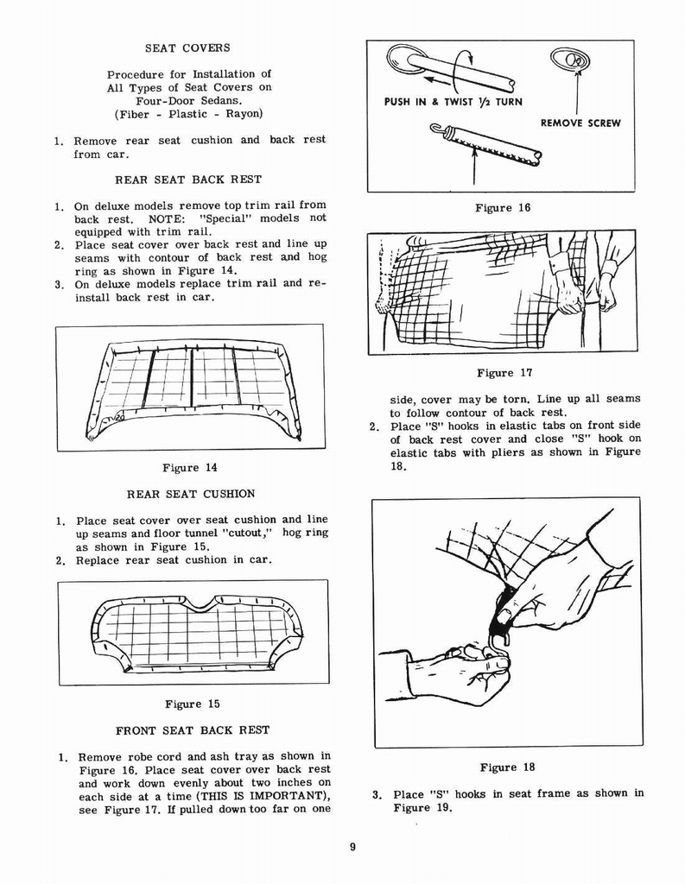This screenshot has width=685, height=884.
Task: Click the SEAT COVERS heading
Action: (x=187, y=47)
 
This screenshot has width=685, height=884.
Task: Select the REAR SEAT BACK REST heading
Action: (x=187, y=180)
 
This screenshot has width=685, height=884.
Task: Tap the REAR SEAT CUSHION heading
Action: (x=191, y=494)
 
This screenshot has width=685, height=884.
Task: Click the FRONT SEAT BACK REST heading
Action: (x=193, y=729)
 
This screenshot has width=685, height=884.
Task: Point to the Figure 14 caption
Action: (x=190, y=468)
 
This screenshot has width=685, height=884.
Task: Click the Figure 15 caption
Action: (x=192, y=704)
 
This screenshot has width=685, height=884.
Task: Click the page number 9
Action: (x=352, y=847)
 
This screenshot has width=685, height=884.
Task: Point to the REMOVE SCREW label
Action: (x=580, y=123)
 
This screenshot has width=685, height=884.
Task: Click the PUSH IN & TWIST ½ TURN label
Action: (x=453, y=102)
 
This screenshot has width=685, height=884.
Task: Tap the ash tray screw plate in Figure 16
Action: (x=569, y=60)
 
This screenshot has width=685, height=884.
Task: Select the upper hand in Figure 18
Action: (x=553, y=587)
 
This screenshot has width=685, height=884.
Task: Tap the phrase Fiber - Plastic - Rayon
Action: (x=188, y=114)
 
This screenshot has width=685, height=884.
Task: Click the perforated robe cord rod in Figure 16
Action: (x=488, y=145)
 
